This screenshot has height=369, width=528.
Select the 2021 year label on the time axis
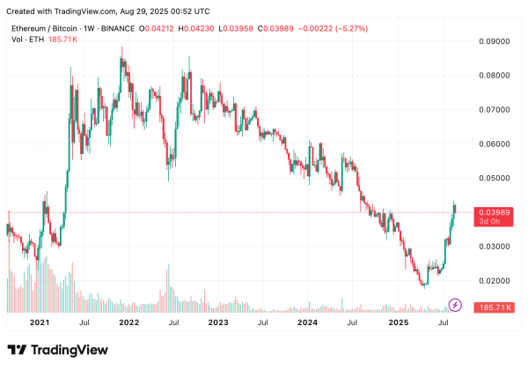pos(39,323)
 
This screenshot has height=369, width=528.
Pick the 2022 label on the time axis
pos(129,323)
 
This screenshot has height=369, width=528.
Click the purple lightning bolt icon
pos(455,305)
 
